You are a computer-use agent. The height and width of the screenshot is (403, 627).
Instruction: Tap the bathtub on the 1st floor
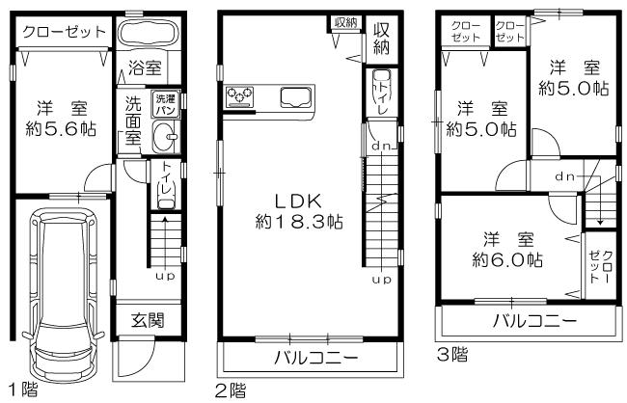point(147,33)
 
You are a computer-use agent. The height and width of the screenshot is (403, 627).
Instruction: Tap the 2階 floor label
point(232,390)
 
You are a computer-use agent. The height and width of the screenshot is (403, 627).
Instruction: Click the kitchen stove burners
point(240,95)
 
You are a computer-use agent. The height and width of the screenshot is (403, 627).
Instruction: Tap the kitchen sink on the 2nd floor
point(294,95)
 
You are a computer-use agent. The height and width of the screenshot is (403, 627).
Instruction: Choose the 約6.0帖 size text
point(507,259)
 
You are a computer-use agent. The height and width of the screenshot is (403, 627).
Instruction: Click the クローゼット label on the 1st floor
point(64,32)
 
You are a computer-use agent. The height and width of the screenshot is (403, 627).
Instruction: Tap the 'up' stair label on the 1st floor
point(165,276)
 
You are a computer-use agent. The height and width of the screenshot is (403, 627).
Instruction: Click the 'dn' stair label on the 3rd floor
point(565,176)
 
